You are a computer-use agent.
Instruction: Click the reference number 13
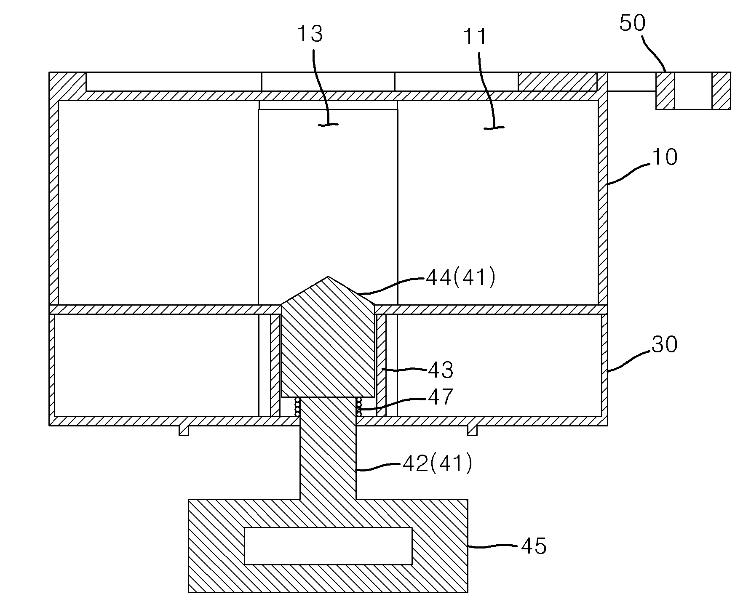point(310,34)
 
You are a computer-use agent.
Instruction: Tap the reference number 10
point(664,157)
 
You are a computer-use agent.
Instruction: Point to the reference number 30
point(664,345)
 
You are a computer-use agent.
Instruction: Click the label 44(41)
point(461,278)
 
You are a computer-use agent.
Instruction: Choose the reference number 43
point(441,370)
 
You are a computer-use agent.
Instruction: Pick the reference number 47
point(441,397)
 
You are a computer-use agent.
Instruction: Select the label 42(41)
point(438,463)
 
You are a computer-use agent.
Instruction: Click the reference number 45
point(534,546)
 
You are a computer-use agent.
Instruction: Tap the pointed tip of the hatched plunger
point(328,277)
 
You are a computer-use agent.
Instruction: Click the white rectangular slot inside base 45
point(328,546)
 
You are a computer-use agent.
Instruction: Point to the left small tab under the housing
point(184,430)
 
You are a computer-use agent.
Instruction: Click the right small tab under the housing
point(472,430)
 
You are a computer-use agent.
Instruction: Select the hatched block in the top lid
point(557,81)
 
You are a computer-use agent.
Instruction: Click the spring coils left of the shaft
point(297,407)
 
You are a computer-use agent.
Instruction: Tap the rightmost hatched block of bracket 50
point(721,91)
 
